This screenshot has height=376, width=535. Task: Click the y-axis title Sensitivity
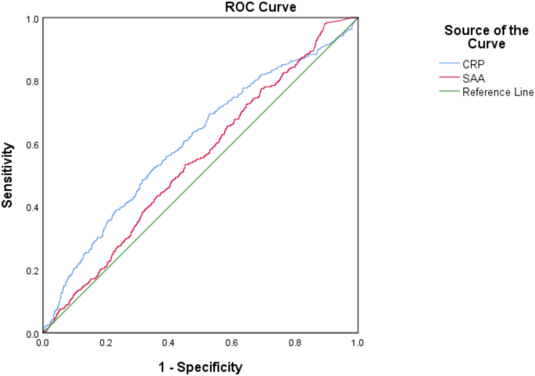9,174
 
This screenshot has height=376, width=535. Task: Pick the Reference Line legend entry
498,91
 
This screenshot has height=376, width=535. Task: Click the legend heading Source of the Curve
474,38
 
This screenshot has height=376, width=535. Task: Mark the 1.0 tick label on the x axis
357,343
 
